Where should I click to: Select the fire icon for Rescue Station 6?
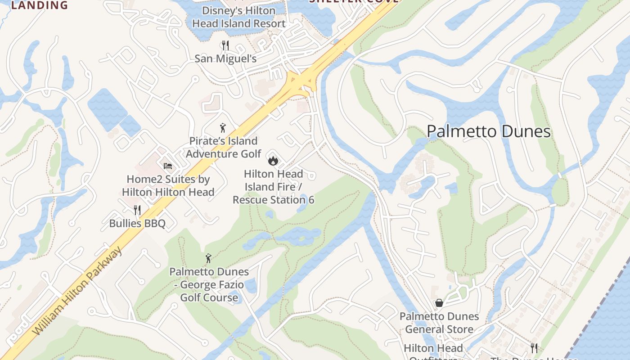pyautogui.click(x=273, y=160)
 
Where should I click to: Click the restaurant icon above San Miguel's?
pyautogui.click(x=225, y=45)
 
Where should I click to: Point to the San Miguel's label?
pyautogui.click(x=225, y=59)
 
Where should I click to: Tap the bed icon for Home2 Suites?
pyautogui.click(x=168, y=166)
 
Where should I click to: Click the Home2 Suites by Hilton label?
pyautogui.click(x=168, y=185)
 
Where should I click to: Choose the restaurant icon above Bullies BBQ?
pyautogui.click(x=137, y=210)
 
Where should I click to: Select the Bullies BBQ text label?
pyautogui.click(x=137, y=223)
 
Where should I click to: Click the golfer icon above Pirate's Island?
pyautogui.click(x=222, y=128)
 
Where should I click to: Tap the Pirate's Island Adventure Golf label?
pyautogui.click(x=223, y=147)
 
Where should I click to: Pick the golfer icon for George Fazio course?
pyautogui.click(x=208, y=258)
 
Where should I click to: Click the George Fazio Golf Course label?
pyautogui.click(x=209, y=284)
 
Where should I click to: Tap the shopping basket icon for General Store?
pyautogui.click(x=439, y=303)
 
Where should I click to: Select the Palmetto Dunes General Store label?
pyautogui.click(x=439, y=323)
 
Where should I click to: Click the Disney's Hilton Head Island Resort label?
pyautogui.click(x=238, y=17)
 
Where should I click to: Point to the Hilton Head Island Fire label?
pyautogui.click(x=273, y=186)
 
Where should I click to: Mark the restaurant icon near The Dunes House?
pyautogui.click(x=534, y=348)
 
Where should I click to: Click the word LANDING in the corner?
pyautogui.click(x=39, y=5)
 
